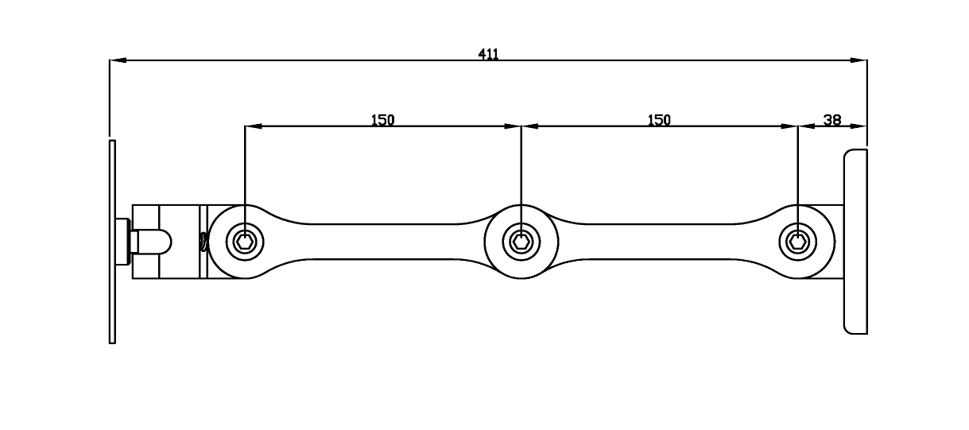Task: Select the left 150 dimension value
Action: (383, 120)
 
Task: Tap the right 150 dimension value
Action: (659, 120)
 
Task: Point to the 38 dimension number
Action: (832, 120)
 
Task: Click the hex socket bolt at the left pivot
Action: (245, 242)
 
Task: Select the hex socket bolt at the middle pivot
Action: (521, 242)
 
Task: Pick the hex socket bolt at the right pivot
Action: (797, 242)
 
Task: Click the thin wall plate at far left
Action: (112, 242)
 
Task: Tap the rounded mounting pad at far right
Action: (855, 242)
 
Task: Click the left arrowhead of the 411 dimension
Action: (118, 60)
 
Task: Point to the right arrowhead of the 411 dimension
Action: (859, 60)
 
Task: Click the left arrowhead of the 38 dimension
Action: (806, 126)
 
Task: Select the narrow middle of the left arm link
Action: (383, 242)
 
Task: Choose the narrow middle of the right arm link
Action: (659, 242)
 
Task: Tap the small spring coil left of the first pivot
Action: (203, 242)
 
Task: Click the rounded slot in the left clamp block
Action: (165, 242)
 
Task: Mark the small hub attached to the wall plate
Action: (123, 242)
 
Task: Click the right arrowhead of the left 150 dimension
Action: (513, 126)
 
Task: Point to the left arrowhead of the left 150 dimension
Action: (254, 126)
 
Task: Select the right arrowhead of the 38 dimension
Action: (859, 126)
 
